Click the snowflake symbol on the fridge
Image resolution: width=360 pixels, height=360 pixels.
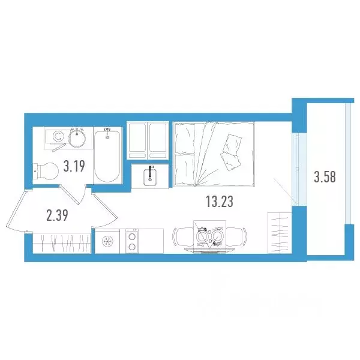(x=108, y=241)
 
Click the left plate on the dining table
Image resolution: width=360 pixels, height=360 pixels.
(x=202, y=237)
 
